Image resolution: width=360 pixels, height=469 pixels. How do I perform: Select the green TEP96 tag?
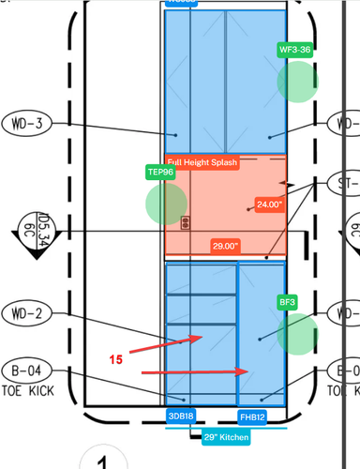coord(160,173)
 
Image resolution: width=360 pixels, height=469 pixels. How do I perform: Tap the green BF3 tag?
coord(287,302)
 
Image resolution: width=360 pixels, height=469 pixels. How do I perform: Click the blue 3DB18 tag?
coord(181,416)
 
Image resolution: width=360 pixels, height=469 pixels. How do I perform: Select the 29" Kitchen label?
coord(221,436)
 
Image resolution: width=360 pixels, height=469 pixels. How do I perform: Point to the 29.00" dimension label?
coord(225,246)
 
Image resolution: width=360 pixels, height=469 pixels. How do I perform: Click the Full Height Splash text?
coord(203,163)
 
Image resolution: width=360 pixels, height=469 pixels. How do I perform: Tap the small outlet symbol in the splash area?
coord(186,221)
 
